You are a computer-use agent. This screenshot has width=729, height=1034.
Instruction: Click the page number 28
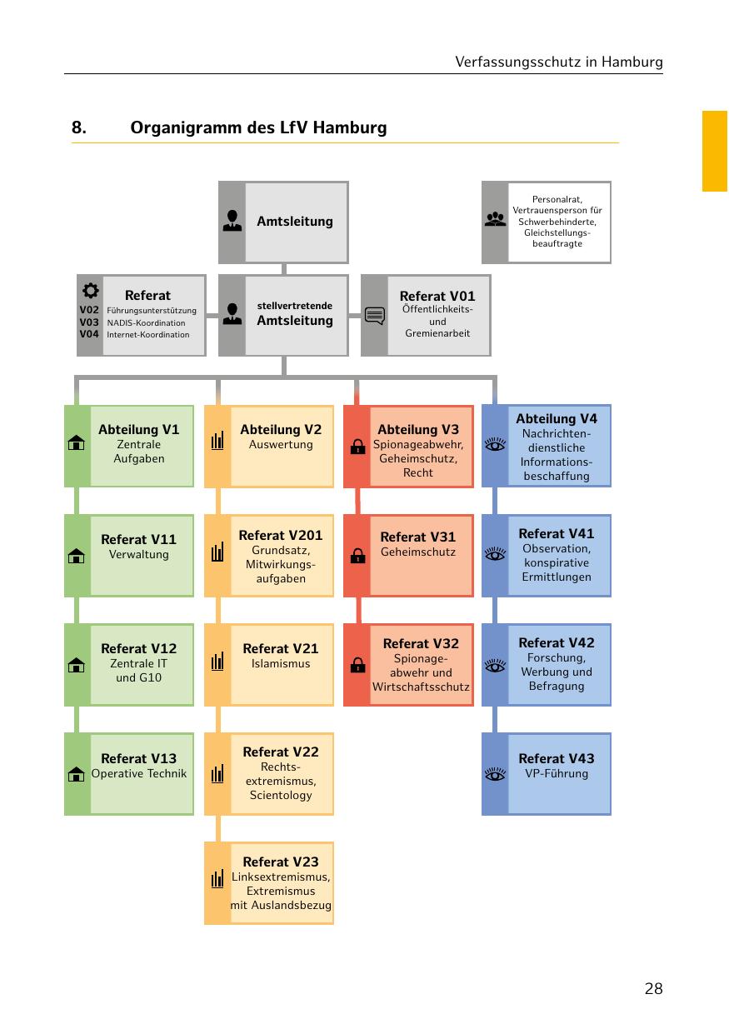(x=653, y=989)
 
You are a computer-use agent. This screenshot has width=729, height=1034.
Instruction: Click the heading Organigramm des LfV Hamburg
(x=258, y=128)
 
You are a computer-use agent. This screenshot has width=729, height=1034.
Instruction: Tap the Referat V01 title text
(x=437, y=296)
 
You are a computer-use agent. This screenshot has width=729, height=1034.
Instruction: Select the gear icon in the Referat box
(x=90, y=291)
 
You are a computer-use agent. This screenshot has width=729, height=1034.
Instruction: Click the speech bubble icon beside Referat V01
(x=375, y=316)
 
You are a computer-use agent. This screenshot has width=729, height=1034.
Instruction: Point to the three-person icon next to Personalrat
(x=495, y=221)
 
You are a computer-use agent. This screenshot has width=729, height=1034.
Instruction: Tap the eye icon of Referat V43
(x=496, y=775)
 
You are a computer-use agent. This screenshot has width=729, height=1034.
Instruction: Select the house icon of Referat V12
(x=77, y=665)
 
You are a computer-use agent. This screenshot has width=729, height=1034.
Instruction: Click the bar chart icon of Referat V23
(x=217, y=879)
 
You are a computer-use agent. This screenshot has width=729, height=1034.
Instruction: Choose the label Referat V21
(x=281, y=648)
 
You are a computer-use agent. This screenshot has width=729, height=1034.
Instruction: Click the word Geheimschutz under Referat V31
(x=418, y=552)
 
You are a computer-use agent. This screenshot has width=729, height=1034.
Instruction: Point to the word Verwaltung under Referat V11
(x=139, y=554)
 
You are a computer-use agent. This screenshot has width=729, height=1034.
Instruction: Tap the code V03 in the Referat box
(x=89, y=322)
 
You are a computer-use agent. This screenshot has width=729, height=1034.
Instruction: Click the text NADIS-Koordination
(x=146, y=322)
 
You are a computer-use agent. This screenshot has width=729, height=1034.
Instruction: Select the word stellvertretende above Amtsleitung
(x=295, y=306)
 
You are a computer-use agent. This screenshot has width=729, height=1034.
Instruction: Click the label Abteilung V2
(x=281, y=430)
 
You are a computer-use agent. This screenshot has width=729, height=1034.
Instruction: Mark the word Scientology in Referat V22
(x=281, y=795)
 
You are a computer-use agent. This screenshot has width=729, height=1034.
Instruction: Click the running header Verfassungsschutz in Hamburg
(x=559, y=62)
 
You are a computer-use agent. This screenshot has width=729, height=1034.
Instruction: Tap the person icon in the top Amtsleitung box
(x=232, y=221)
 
